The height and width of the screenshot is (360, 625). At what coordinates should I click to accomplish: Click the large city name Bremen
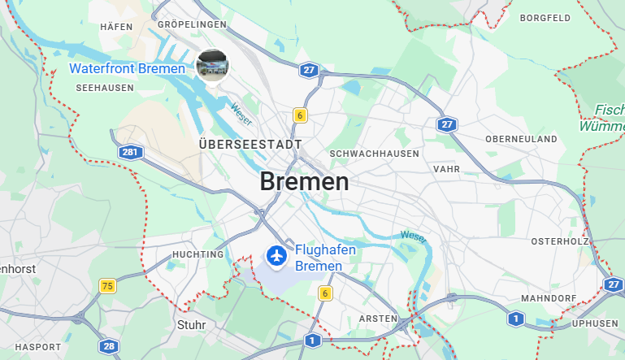(x=304, y=181)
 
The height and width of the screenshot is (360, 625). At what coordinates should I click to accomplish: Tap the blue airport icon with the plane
(x=276, y=256)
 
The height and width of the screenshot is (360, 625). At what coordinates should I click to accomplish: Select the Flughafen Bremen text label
(x=325, y=258)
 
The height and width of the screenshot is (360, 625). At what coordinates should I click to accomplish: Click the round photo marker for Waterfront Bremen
(x=212, y=65)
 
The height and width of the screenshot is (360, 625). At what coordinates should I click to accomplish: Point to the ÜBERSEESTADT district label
(x=250, y=144)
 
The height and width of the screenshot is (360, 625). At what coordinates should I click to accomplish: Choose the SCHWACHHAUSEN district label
(x=375, y=153)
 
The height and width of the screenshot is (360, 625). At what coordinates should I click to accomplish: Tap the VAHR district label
(x=446, y=169)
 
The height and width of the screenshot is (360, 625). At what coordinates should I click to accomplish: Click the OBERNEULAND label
(x=521, y=139)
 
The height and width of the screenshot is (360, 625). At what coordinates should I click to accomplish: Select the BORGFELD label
(x=545, y=17)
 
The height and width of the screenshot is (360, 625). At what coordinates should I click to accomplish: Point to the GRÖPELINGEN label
(x=192, y=25)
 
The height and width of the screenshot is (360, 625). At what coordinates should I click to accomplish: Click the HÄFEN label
(x=116, y=27)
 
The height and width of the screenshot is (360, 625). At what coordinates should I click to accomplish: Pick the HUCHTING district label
(x=197, y=254)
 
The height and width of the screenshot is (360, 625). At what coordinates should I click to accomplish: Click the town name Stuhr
(x=191, y=325)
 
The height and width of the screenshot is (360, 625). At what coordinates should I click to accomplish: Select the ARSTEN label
(x=378, y=318)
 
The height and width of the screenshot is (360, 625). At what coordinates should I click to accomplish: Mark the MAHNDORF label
(x=548, y=298)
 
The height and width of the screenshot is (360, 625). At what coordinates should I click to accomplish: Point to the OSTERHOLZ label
(x=559, y=241)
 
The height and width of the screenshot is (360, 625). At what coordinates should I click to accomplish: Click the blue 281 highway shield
(x=129, y=152)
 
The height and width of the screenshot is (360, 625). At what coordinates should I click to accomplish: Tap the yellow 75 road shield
(x=107, y=285)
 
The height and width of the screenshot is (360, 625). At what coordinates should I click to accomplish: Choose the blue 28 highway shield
(x=108, y=346)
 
